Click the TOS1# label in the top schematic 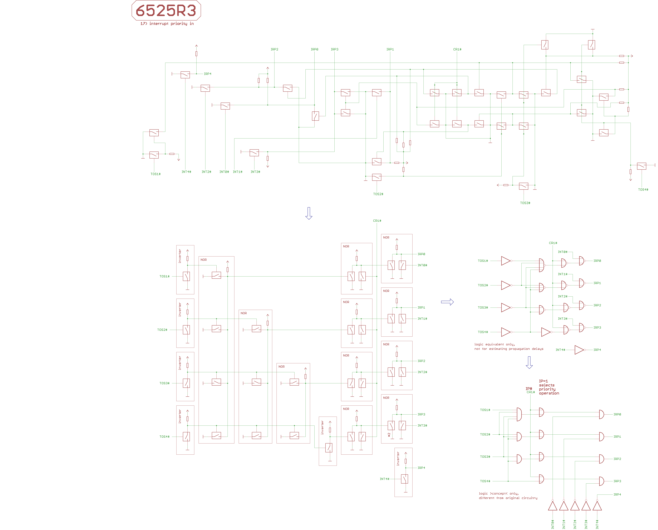[155, 174]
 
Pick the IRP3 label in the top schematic [334, 49]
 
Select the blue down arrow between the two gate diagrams [529, 362]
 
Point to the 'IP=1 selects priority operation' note [549, 387]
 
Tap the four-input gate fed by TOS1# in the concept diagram [519, 414]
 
